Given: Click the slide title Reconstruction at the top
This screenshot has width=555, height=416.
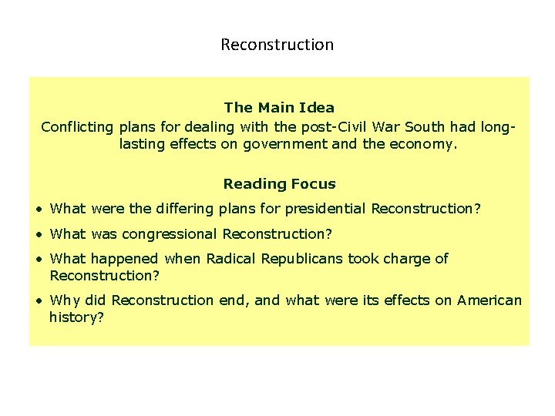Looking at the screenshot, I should click(277, 45).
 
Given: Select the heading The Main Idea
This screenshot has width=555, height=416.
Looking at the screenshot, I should click(279, 108).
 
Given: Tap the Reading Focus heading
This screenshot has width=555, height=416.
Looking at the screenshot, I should click(279, 184).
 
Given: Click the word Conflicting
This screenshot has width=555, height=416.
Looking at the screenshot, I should click(77, 126).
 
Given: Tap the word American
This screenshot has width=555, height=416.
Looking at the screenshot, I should click(489, 300).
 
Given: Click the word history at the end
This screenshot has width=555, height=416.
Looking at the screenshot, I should click(74, 317).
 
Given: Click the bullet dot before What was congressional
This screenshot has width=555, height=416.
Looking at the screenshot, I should click(39, 234).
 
